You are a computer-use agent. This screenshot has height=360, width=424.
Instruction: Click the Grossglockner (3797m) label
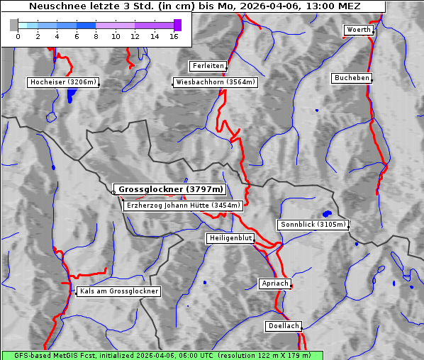[170, 189]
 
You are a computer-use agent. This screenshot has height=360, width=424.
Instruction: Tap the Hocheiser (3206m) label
[62, 82]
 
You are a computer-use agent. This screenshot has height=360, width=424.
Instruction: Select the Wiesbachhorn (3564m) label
[216, 82]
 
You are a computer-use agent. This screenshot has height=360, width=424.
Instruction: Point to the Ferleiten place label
[208, 66]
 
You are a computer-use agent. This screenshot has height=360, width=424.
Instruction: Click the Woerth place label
[358, 30]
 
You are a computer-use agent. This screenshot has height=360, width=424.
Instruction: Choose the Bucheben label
[352, 77]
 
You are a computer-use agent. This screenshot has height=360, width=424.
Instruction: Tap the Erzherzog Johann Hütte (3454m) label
[183, 206]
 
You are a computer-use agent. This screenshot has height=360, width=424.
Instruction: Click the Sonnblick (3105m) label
[313, 225]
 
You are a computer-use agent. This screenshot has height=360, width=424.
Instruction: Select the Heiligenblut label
[230, 238]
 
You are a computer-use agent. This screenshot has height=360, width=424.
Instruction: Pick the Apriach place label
[275, 283]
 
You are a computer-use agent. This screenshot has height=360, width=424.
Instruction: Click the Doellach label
[284, 327]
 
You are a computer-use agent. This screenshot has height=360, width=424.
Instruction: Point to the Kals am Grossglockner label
[119, 291]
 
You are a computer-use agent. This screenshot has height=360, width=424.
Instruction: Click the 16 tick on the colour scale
[173, 35]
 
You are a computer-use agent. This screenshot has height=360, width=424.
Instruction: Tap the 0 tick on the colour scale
[18, 35]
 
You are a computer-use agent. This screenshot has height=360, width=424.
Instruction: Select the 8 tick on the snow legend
[96, 35]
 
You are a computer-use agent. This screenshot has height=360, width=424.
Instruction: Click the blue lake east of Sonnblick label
[327, 213]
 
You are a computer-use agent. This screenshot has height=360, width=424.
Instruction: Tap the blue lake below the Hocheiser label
[69, 96]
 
